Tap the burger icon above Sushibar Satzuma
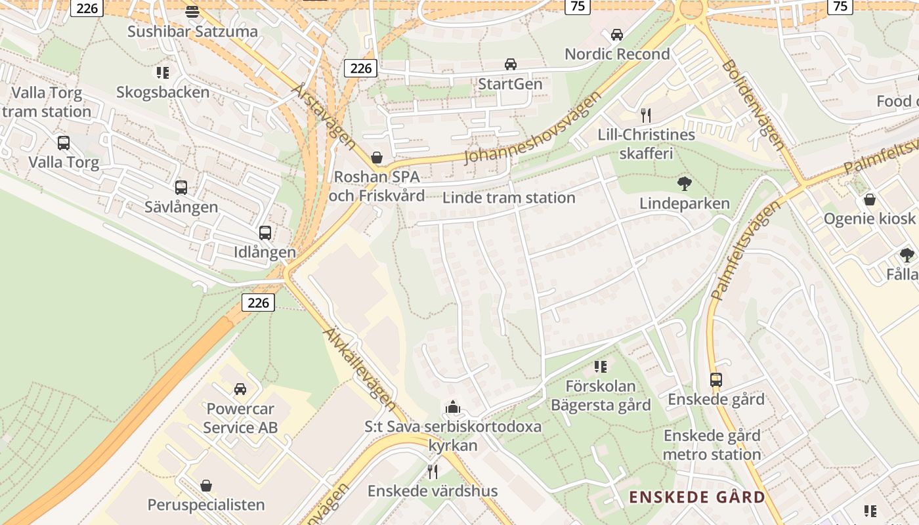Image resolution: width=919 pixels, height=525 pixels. (x=192, y=11)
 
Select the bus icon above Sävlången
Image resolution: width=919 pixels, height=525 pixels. (x=181, y=188)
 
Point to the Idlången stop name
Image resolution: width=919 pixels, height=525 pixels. (x=265, y=252)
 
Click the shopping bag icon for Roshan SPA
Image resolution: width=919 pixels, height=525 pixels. (x=377, y=157)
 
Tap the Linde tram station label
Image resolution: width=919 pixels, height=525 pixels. (x=509, y=198)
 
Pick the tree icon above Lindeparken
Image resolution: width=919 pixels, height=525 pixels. (x=685, y=183)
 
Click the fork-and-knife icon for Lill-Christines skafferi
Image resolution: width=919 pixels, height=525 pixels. (x=646, y=115)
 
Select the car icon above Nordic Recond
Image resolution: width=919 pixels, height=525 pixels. (x=617, y=34)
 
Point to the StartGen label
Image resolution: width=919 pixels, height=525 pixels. (x=510, y=84)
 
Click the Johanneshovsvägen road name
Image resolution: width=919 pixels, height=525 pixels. (x=533, y=128)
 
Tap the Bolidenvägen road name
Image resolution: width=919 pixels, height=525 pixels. (x=753, y=105)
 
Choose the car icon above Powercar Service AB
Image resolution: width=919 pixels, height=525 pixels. (x=240, y=389)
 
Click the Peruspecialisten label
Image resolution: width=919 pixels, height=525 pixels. (x=206, y=505)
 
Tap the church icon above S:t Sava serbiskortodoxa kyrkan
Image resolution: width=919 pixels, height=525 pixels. (x=453, y=408)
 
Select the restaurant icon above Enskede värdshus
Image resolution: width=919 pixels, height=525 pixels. (x=432, y=471)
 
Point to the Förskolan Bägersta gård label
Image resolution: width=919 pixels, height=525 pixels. (x=601, y=396)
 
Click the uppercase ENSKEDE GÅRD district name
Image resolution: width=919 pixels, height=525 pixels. (x=697, y=497)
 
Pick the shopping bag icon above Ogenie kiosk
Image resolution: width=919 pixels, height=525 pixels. (x=870, y=199)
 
